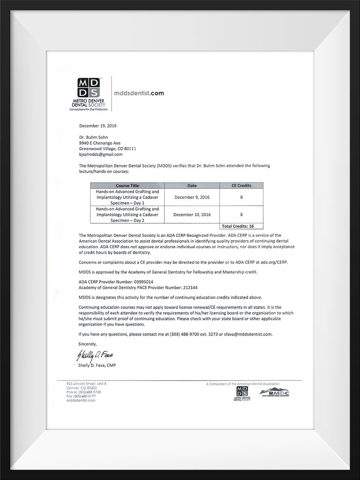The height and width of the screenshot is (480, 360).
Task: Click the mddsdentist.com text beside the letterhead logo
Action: [x=138, y=94]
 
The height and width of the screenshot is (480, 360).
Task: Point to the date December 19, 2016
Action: [x=98, y=126]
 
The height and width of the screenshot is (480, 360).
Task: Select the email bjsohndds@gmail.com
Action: [x=101, y=154]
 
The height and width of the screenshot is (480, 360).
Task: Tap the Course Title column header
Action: [x=127, y=185]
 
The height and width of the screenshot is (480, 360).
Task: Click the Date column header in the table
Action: [x=192, y=185]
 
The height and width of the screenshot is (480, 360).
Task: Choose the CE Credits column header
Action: [x=241, y=185]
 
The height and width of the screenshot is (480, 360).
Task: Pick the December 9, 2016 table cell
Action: [x=192, y=197]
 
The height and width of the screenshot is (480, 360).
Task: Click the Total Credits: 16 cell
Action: [x=241, y=225]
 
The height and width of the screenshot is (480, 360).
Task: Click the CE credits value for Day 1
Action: [x=241, y=197]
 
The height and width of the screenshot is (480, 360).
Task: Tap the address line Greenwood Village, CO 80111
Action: [x=108, y=148]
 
